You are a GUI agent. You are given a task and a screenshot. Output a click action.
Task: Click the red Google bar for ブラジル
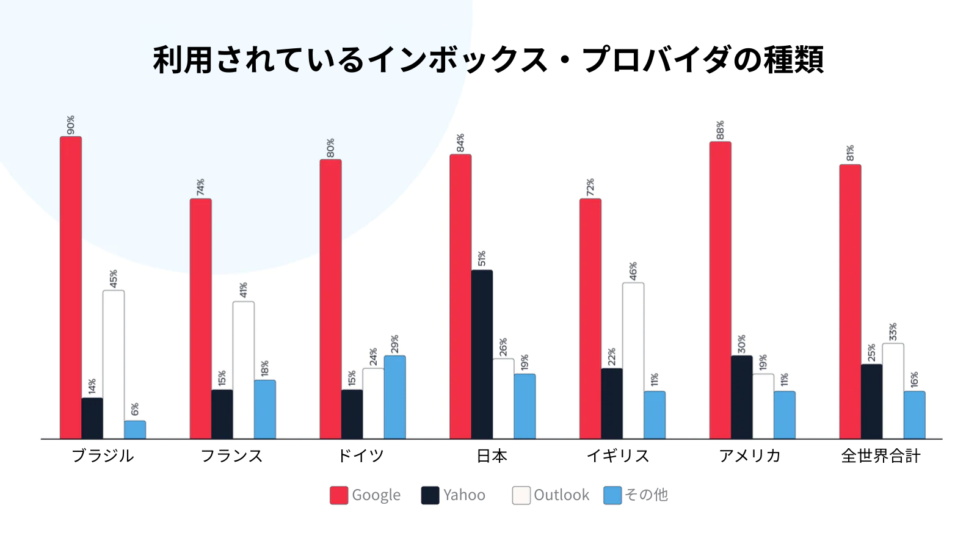(x=71, y=287)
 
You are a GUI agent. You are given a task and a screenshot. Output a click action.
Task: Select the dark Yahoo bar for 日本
(x=482, y=354)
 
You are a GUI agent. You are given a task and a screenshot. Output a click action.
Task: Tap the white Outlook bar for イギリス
(x=633, y=360)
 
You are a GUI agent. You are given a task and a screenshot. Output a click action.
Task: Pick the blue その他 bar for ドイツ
(x=394, y=397)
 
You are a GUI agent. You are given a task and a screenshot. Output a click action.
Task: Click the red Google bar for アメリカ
(x=721, y=290)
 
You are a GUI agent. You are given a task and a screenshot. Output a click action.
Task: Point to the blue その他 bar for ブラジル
(x=135, y=430)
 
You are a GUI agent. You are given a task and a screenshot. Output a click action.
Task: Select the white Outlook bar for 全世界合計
(x=893, y=391)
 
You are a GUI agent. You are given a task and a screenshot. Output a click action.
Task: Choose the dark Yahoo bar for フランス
(x=222, y=414)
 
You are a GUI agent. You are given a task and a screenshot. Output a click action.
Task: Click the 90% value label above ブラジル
(x=71, y=125)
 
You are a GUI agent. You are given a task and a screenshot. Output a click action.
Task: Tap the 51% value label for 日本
(x=482, y=258)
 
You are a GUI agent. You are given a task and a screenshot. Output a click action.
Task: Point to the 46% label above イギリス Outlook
(x=633, y=271)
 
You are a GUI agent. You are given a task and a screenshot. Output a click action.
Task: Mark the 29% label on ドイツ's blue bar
(x=394, y=344)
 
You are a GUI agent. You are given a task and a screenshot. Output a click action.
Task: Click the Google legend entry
(x=376, y=495)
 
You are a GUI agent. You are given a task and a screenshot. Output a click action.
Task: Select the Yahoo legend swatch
(x=430, y=495)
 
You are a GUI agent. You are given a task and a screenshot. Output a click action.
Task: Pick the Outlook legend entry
(x=561, y=495)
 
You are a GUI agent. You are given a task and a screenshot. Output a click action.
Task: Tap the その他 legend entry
(x=646, y=495)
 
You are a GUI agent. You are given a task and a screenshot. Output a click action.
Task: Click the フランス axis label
(x=232, y=456)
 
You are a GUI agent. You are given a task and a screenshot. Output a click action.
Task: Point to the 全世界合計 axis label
(x=881, y=456)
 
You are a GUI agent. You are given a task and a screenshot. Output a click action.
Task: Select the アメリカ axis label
(x=750, y=456)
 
